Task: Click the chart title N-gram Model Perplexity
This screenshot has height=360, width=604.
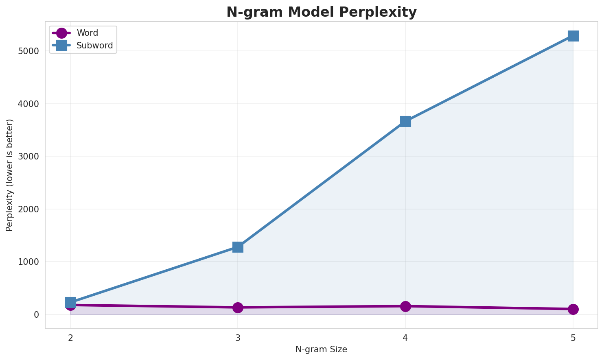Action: click(x=322, y=12)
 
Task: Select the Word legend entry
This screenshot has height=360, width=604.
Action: click(x=87, y=33)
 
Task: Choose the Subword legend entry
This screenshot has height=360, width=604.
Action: click(x=94, y=46)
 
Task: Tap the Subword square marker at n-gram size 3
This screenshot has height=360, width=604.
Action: click(x=238, y=247)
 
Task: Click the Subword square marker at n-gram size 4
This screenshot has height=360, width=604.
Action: click(x=405, y=121)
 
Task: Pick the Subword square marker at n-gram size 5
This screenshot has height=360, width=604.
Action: click(x=573, y=36)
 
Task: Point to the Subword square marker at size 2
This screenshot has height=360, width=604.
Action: click(x=70, y=302)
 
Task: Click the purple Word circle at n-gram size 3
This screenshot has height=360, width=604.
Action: click(x=238, y=308)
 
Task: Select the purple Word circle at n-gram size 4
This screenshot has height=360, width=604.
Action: click(x=405, y=306)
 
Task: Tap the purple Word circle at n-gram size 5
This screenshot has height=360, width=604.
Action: click(x=573, y=309)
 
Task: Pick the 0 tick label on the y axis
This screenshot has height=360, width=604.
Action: click(x=37, y=315)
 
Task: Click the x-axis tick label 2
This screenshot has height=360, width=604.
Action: click(x=70, y=338)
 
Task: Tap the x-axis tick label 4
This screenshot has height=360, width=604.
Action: click(x=405, y=338)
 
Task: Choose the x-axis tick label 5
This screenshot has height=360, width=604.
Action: click(x=573, y=338)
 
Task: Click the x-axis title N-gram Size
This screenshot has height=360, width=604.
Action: click(x=322, y=349)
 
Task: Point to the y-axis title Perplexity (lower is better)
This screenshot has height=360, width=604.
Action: click(x=10, y=175)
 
